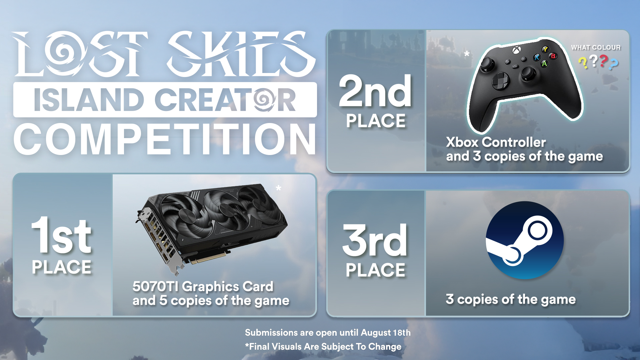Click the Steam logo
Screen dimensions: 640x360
525,240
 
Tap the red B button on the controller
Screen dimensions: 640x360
553,56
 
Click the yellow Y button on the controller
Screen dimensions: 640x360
545,49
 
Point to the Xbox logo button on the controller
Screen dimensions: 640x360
516,50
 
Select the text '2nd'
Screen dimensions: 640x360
375,91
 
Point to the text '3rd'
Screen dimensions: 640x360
375,240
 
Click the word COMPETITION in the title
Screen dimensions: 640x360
165,139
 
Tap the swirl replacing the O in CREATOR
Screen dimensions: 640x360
264,99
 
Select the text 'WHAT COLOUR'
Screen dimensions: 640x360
596,48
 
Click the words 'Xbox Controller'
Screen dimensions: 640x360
496,142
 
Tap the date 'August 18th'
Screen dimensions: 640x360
386,333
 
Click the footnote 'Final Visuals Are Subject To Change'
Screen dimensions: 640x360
325,347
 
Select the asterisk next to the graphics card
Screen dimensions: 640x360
278,188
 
